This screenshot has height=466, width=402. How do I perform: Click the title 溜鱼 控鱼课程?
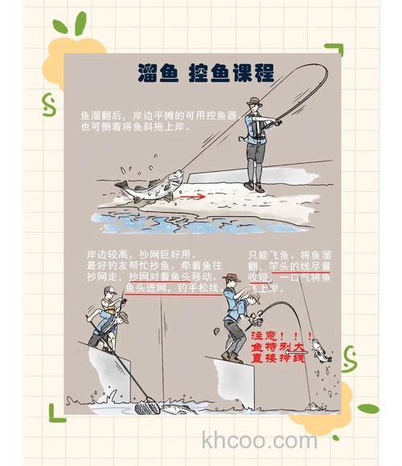205,72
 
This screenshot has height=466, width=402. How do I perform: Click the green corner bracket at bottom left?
55,411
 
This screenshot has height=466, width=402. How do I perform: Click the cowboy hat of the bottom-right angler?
232,279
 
